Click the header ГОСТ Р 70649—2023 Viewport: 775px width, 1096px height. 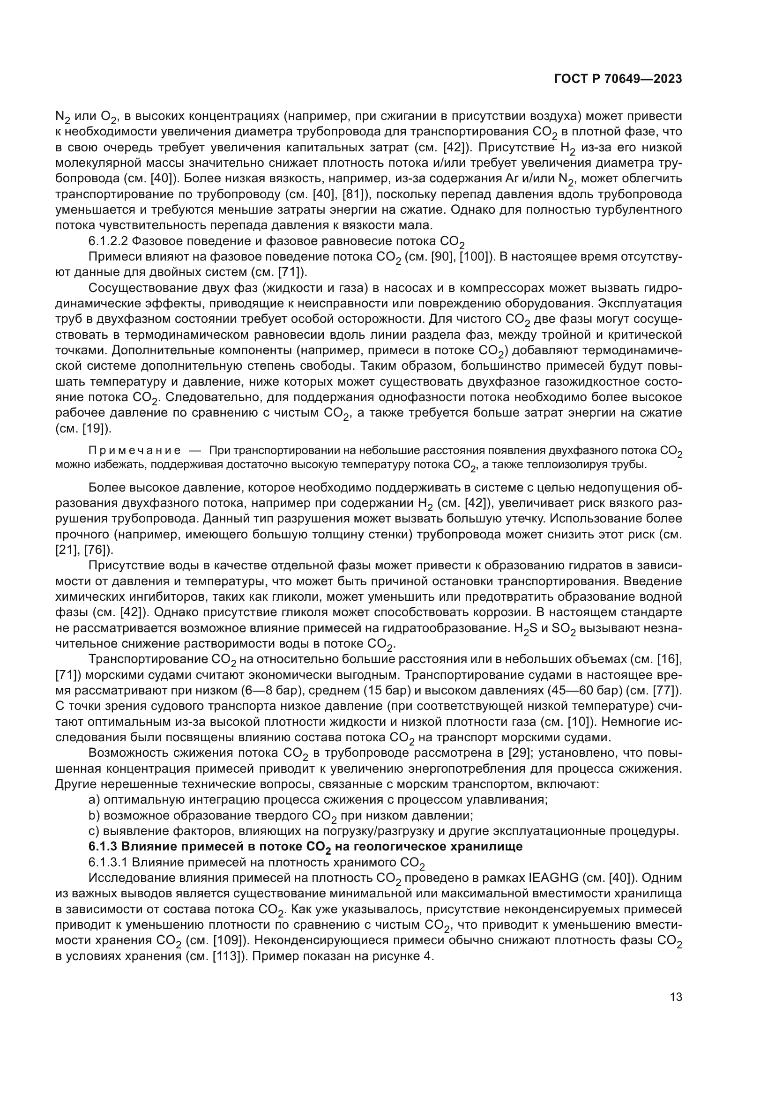(618, 79)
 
